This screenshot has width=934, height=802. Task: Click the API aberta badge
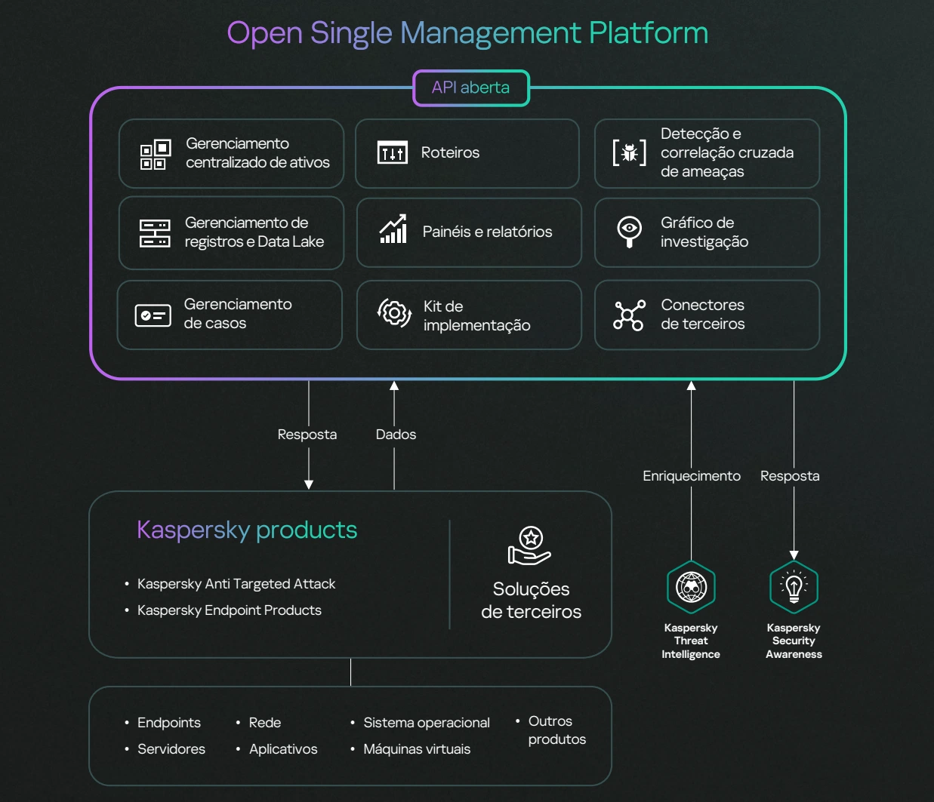pos(471,88)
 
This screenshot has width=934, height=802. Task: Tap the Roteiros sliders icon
pos(392,152)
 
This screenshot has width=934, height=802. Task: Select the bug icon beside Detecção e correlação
pos(630,152)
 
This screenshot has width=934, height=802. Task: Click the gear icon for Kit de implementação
pos(394,313)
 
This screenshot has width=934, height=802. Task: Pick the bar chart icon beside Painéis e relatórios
pos(393,229)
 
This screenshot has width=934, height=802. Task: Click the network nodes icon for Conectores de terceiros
pos(629,315)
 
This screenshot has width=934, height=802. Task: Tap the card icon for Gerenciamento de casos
pos(153,315)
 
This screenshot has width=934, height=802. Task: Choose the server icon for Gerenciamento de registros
pos(155,233)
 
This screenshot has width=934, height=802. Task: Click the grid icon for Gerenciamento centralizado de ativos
pos(156,155)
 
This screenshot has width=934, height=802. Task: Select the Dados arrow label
pos(396,435)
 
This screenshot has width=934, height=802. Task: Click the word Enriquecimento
pos(692,476)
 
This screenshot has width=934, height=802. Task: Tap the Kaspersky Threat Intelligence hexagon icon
pos(691,587)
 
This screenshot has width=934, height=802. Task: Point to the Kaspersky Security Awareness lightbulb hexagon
pos(794,587)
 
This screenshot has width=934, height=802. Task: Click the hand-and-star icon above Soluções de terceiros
pos(529,545)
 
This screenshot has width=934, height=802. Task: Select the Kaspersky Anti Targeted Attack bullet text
pos(236,584)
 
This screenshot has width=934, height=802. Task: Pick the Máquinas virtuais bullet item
pos(417,749)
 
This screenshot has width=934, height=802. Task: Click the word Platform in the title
pos(649,33)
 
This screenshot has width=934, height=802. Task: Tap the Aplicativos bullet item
pos(283,749)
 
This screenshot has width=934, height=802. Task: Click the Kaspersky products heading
pos(247,530)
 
